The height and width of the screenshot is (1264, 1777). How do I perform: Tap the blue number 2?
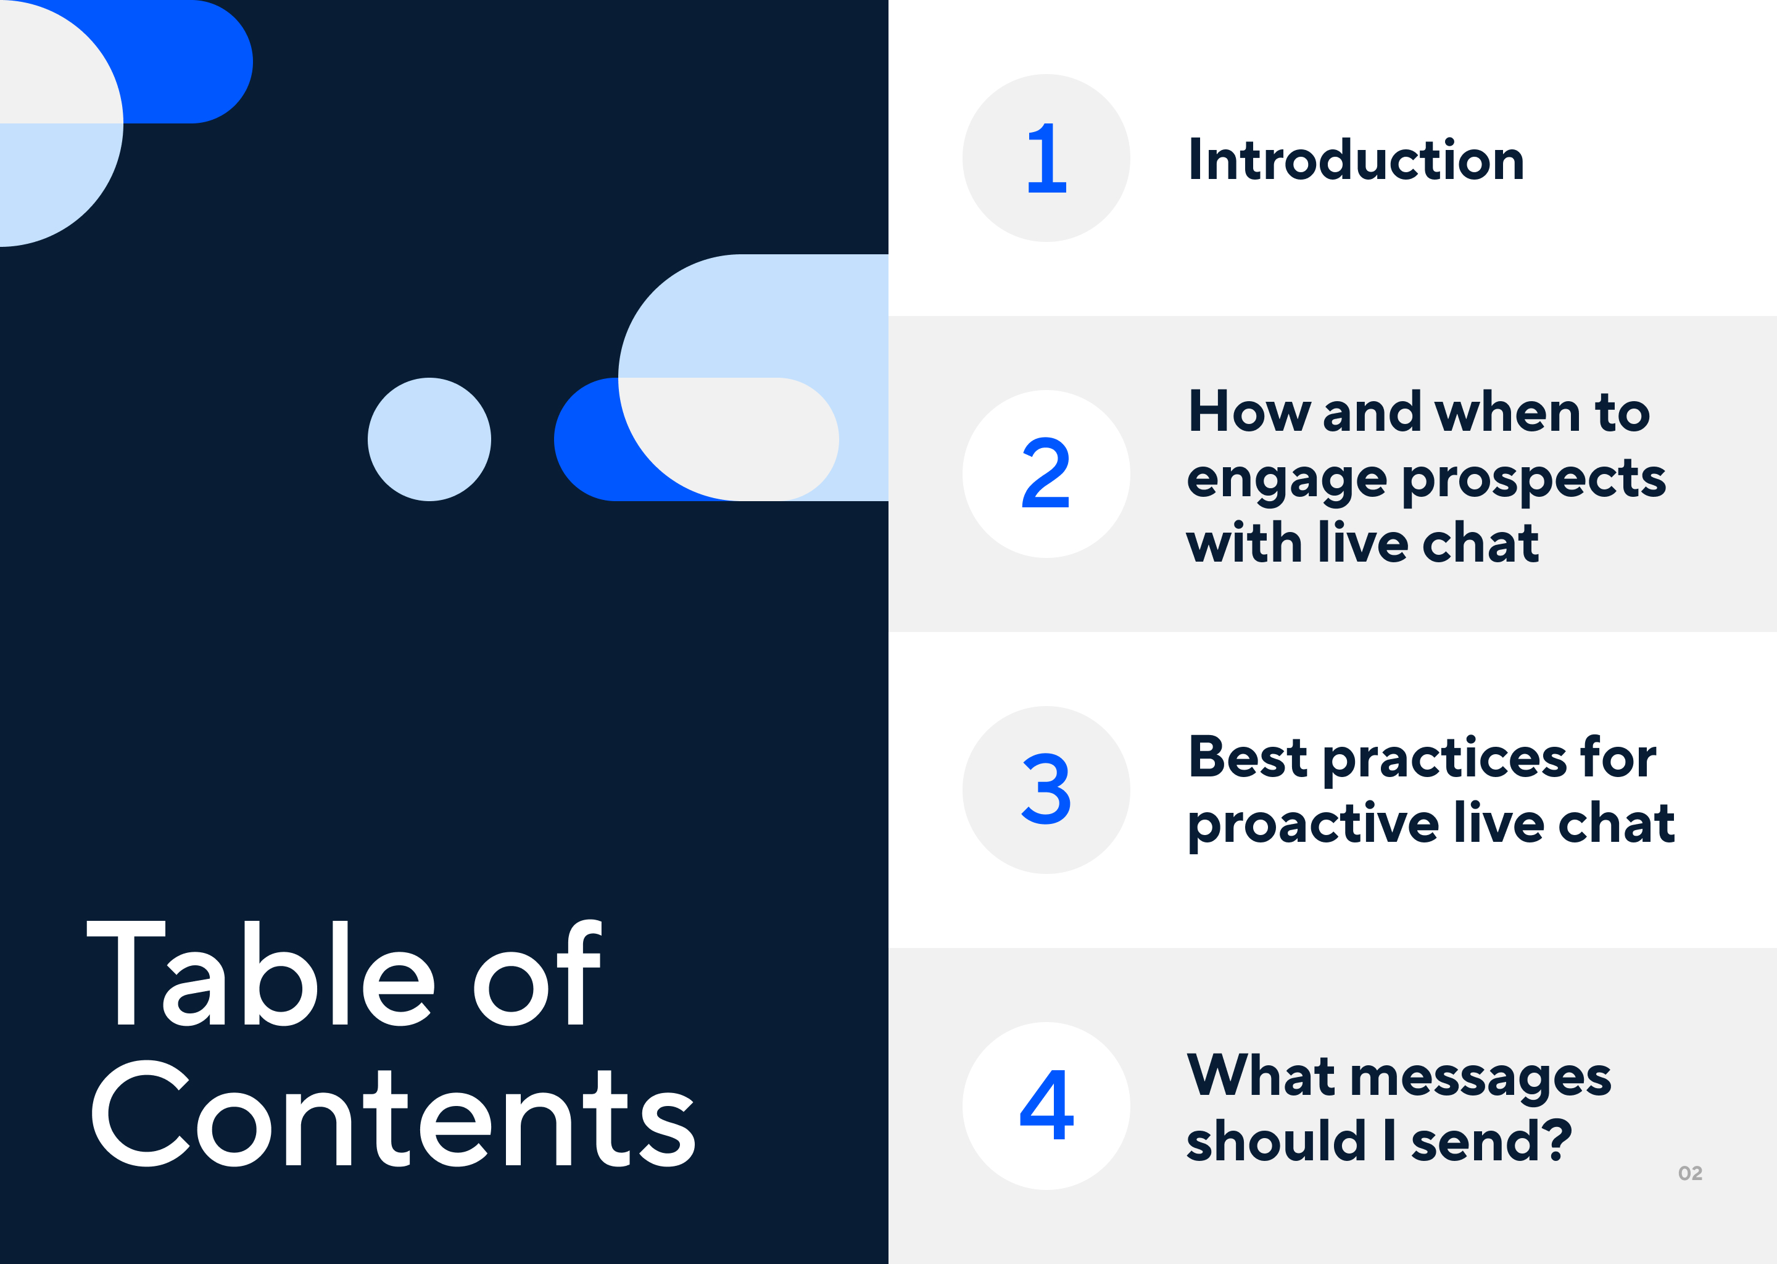pos(1046,473)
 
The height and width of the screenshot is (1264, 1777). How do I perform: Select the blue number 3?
pos(1046,789)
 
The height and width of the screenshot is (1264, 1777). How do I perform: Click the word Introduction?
pos(1356,160)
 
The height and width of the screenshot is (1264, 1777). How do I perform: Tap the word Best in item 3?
pos(1248,757)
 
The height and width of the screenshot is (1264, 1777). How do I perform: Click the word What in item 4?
pos(1261,1075)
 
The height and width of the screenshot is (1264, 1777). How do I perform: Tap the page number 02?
pos(1690,1173)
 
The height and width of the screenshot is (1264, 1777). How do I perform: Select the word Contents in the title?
pos(394,1114)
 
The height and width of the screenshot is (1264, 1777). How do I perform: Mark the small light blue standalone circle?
pos(429,439)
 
